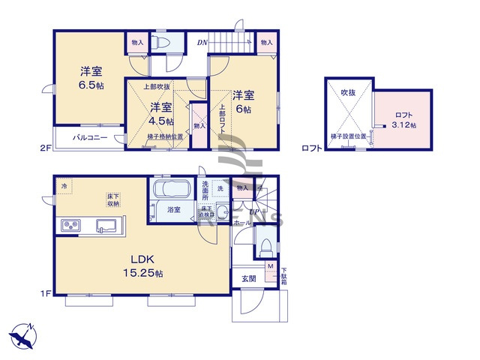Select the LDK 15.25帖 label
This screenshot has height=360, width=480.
[x=143, y=266]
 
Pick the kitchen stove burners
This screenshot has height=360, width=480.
[x=70, y=225]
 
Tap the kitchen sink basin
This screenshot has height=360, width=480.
[x=104, y=225]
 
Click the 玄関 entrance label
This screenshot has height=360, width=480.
[x=249, y=278]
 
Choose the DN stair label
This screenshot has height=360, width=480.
[x=202, y=43]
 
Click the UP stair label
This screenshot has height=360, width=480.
[x=254, y=212]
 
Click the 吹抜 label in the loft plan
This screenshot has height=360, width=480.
[x=348, y=91]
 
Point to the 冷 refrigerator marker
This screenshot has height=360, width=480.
[x=64, y=185]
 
